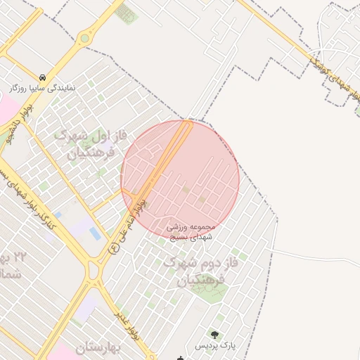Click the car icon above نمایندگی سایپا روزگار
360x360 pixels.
click(43, 77)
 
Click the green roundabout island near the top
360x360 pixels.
click(85, 38)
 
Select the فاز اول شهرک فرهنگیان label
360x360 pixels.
click(91, 143)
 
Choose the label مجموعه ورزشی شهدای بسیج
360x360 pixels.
click(194, 233)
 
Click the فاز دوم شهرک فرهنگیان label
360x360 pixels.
click(195, 272)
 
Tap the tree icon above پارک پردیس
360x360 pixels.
click(214, 335)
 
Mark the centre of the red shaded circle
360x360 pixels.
click(181, 179)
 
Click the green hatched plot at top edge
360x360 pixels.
click(127, 13)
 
